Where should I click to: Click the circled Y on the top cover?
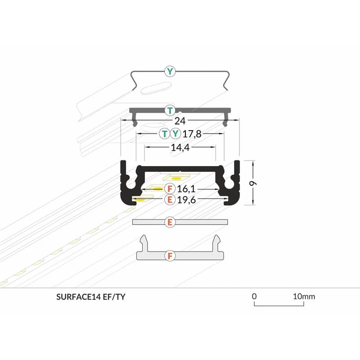(x=170, y=72)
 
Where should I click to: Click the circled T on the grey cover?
(x=170, y=111)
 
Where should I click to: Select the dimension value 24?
(x=180, y=121)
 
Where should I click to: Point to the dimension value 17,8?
(x=192, y=134)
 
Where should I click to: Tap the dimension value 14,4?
(x=180, y=148)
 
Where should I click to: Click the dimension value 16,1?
(x=186, y=189)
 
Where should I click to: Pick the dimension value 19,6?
(x=186, y=200)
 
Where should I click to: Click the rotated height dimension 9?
(x=253, y=184)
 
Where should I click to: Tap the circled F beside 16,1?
(x=170, y=189)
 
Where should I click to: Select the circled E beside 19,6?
(x=170, y=199)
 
